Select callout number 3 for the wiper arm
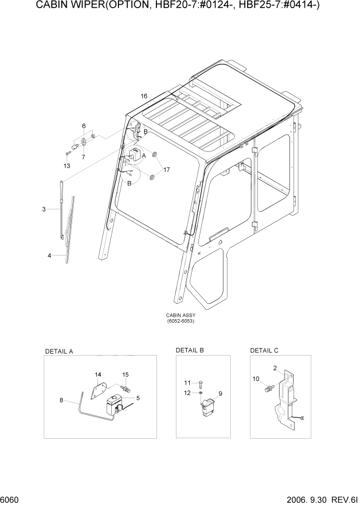coord(44,209)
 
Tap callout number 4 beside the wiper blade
coord(49,255)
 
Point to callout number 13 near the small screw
coord(67,166)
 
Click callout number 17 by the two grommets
coord(167,169)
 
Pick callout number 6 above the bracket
coord(83,126)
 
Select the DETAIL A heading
coord(59,351)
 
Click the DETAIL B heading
coord(190,350)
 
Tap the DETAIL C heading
coord(264,350)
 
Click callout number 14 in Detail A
coord(98,375)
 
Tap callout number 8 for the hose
coord(62,400)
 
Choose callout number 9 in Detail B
coord(220,394)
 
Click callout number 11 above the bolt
coord(187,383)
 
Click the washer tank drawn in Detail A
coord(112,408)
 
